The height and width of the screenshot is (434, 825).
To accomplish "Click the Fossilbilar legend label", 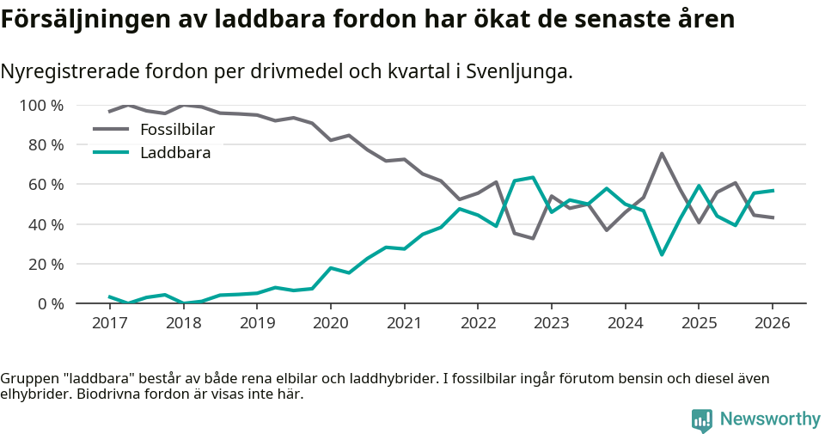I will pos(177,130).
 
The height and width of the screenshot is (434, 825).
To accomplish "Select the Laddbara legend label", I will pos(175,152).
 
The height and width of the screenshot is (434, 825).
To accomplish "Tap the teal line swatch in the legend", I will pos(110,152).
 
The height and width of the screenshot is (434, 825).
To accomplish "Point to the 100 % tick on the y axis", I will pos(41,106).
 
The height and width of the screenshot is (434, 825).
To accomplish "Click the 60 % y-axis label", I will pos(46,185).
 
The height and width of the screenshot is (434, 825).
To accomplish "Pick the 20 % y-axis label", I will pos(46,264).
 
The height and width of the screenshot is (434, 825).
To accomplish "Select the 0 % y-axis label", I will pos(49,303).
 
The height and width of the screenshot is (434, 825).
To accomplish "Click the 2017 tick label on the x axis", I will pos(109,323).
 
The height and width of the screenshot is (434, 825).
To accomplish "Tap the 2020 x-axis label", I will pos(330,323).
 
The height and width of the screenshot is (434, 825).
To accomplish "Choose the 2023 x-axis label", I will pos(551,323).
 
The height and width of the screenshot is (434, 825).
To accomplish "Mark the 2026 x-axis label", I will pos(772,323).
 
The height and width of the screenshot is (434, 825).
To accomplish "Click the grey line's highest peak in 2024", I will pos(662,154).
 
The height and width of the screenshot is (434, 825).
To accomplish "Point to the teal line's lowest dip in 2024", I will pos(662,254).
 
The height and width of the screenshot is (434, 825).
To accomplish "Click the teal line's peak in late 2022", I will pos(533,178).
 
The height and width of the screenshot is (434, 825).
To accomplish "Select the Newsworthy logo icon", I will pos(702,419).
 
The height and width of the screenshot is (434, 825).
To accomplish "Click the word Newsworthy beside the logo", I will pos(770,419).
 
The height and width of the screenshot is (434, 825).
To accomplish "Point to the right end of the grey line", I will pos(773,217).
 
